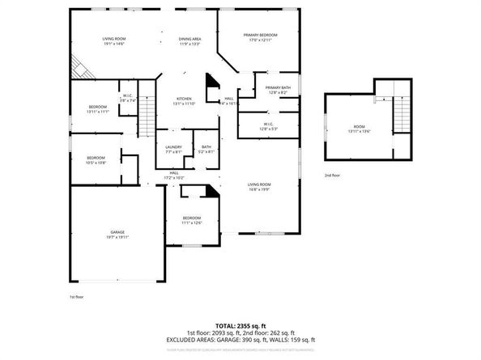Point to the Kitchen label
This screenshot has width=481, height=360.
coord(185,101)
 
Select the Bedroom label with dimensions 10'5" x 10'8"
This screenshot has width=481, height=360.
coord(96,159)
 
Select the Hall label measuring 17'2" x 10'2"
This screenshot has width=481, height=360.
coord(174,175)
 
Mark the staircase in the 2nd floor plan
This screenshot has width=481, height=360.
coord(402,112)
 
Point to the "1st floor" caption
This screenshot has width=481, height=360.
coord(76,297)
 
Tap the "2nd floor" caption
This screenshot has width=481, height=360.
coord(333,175)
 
